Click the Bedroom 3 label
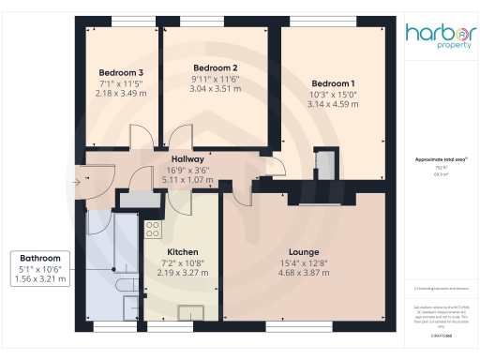click(121, 72)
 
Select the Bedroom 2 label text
click(215, 67)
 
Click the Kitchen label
click(182, 252)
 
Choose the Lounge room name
click(304, 251)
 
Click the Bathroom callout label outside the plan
click(40, 258)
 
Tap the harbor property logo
click(439, 36)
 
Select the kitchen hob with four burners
click(153, 229)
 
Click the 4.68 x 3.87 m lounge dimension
click(304, 275)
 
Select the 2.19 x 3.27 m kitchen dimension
click(182, 273)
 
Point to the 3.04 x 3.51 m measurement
click(215, 89)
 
